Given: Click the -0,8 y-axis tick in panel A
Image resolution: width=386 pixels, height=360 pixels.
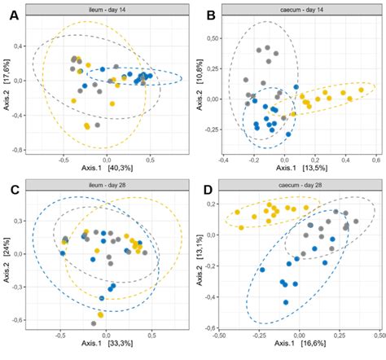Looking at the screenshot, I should pos(18,150).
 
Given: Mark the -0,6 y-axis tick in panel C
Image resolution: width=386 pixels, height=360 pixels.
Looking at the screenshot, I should pos(18,320).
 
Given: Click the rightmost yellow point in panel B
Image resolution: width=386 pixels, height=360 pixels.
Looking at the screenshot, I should pos(361,90).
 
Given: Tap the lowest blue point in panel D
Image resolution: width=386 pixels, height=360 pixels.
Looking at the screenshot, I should pos(286,302).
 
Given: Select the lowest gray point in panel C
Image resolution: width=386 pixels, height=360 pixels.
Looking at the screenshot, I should pos(94,323).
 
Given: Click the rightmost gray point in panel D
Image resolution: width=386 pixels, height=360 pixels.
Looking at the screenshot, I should pos(355,226).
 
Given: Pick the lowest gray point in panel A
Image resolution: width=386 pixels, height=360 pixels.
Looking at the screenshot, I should pos(98,125).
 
